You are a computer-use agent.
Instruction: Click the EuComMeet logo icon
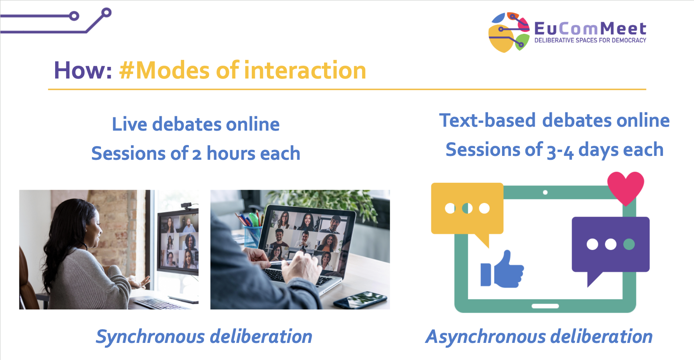[x=509, y=32]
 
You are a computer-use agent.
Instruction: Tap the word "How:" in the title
[x=83, y=70]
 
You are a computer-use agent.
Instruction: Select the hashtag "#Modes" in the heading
[x=165, y=70]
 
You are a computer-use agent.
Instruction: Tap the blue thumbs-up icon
[x=502, y=269]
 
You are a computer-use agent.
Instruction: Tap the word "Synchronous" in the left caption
[x=151, y=337]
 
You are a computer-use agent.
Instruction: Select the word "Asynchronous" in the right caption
[x=486, y=337]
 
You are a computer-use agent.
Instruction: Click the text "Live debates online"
[x=196, y=124]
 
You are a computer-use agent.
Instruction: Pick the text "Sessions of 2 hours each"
[x=196, y=153]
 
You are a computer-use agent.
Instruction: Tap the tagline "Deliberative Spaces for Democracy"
[x=590, y=40]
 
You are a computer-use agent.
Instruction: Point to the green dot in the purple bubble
[x=629, y=244]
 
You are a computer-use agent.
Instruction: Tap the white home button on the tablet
[x=545, y=306]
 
